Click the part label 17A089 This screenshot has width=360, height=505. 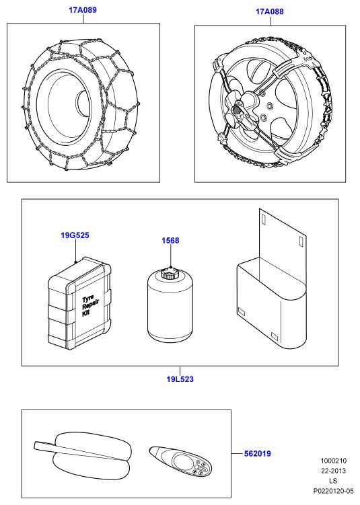coord(83,10)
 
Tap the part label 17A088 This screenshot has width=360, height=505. coord(270,11)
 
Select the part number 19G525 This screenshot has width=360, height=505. coord(75,235)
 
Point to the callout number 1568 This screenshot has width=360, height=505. coord(170,241)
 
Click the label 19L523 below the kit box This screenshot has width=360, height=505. coord(180,379)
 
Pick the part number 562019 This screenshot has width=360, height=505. coord(258,453)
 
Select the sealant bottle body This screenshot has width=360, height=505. coord(170,305)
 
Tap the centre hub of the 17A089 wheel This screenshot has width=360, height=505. coord(83,101)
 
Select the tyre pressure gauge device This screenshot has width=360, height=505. coord(180,461)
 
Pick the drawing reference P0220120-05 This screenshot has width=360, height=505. coord(334,491)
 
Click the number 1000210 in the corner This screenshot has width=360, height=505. coord(334,461)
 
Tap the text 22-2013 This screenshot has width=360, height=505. coord(334,471)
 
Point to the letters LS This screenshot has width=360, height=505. coord(333,481)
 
